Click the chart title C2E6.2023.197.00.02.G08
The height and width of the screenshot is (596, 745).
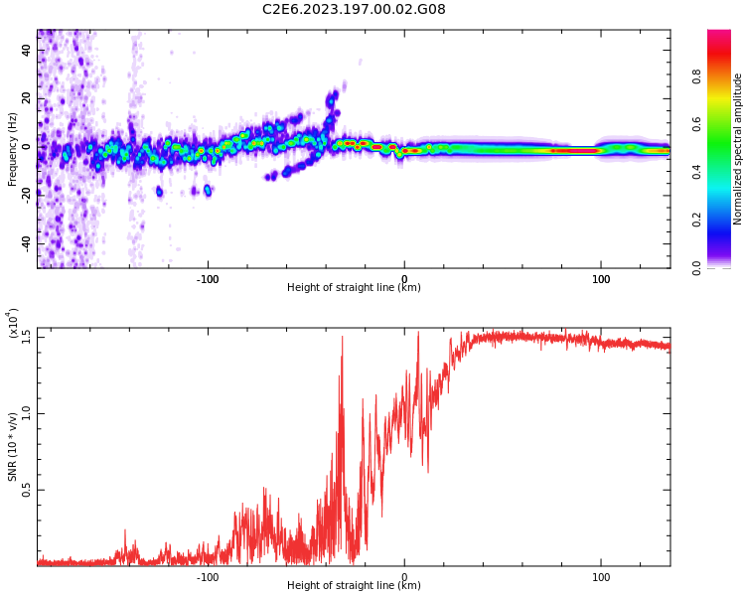(x=354, y=10)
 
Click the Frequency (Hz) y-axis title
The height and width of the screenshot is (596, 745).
(x=12, y=149)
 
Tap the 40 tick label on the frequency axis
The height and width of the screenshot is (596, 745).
(x=26, y=50)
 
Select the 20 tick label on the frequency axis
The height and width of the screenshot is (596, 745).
(x=26, y=98)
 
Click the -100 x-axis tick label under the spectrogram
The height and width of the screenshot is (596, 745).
(x=207, y=279)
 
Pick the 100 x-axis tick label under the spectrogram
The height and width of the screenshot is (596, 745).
(x=601, y=279)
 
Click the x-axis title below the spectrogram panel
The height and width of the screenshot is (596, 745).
(x=354, y=288)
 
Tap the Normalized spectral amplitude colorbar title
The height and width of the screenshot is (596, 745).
(x=738, y=149)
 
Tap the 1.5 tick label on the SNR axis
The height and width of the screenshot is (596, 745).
(x=26, y=336)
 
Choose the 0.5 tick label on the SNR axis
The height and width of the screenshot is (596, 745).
(x=26, y=490)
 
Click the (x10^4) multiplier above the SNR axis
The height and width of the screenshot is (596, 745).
(x=13, y=324)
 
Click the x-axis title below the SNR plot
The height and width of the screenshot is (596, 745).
(x=354, y=586)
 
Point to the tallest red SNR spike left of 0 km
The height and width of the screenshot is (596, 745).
(x=343, y=338)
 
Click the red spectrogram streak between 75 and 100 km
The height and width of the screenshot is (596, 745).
(x=574, y=150)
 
